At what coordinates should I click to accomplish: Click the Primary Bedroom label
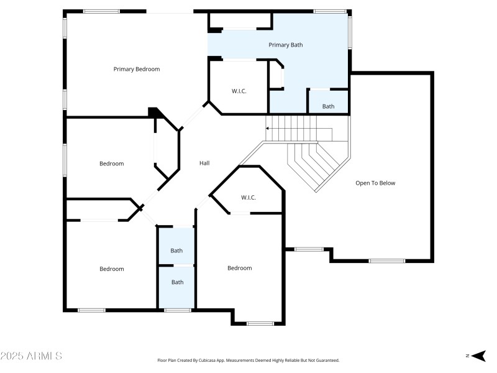136,69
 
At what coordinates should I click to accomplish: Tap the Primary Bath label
286,45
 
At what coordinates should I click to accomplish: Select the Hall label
204,163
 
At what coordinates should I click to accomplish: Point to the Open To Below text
375,183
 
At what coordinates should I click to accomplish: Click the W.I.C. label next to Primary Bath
239,91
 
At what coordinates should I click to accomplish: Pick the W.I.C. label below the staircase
248,198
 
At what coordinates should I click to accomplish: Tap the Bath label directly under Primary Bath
328,106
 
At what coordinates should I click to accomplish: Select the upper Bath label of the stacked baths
177,251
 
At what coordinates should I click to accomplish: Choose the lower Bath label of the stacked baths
178,282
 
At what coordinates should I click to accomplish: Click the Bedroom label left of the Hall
112,163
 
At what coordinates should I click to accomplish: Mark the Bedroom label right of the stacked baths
239,268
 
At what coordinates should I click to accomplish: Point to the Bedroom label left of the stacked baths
112,269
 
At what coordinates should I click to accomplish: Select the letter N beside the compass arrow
467,356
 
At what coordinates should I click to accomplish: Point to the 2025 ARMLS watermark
31,356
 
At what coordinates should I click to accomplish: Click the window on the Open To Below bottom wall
387,261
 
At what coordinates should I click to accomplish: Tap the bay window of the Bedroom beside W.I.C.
260,323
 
